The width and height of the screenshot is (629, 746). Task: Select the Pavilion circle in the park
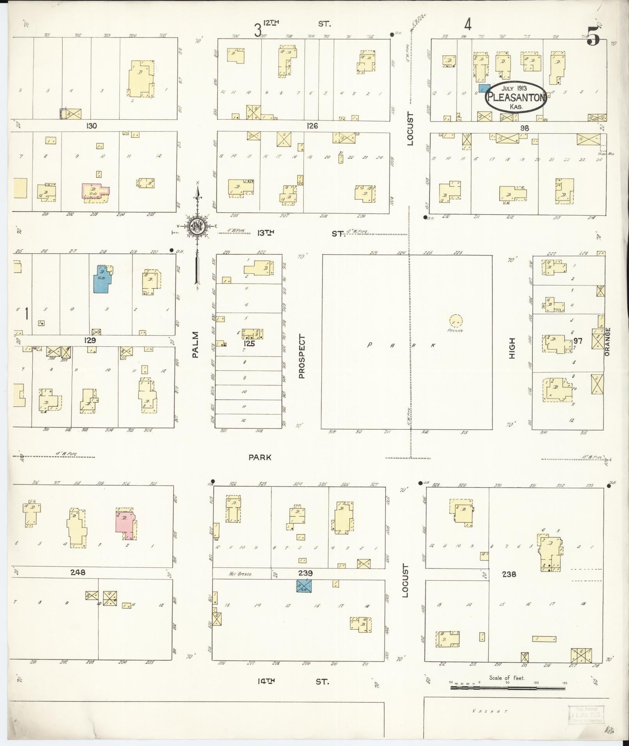coord(455,321)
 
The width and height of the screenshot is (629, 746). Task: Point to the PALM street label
coord(195,344)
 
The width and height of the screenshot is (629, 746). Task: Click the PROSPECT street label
coord(301,356)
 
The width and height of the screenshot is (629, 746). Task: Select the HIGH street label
coord(512,348)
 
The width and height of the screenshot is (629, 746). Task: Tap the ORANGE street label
coord(607,342)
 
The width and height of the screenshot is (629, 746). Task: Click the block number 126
coord(312,126)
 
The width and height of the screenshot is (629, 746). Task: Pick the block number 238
coord(509,574)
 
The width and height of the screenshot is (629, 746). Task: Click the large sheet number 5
coord(593,38)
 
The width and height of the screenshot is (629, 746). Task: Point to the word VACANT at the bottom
coord(490,711)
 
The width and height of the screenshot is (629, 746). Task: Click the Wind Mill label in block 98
coord(606,154)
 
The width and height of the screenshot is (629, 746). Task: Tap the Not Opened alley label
coord(241,574)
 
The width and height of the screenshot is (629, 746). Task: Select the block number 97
coord(578,341)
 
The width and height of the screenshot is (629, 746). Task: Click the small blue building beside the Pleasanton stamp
coord(484,89)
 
